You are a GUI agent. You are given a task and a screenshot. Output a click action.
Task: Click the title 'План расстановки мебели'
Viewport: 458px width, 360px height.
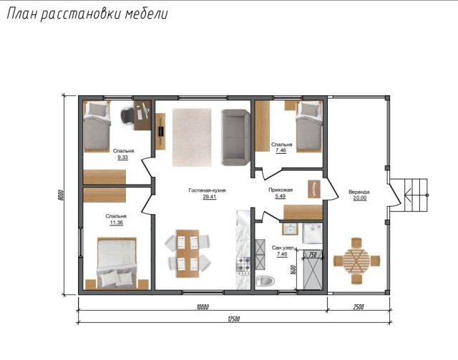[87, 14]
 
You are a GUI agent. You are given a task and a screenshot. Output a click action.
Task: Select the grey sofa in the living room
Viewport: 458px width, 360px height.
[234, 137]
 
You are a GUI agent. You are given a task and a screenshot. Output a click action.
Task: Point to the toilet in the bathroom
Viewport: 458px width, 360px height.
[265, 281]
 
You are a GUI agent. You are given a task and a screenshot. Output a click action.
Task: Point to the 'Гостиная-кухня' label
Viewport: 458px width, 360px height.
[208, 190]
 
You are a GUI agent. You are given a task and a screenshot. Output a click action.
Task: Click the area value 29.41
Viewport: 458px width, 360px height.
[210, 197]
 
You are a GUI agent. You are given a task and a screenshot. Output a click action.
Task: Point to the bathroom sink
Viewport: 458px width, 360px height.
[290, 229]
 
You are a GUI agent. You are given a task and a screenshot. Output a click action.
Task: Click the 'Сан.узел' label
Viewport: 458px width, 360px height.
[281, 247]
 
